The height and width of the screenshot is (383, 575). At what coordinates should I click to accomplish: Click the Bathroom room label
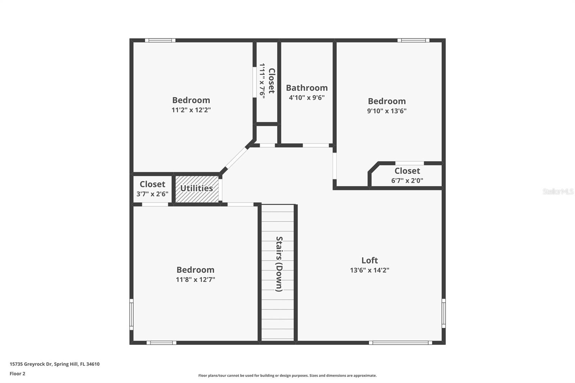click(x=307, y=88)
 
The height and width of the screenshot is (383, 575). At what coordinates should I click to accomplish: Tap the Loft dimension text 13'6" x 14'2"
click(x=369, y=270)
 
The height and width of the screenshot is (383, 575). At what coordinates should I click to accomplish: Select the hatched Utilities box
click(x=197, y=189)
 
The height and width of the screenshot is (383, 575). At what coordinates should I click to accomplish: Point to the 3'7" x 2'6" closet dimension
click(x=152, y=194)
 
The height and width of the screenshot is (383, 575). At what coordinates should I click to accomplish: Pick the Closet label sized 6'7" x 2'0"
click(x=407, y=171)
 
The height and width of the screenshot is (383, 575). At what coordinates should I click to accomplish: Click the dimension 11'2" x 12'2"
click(x=191, y=110)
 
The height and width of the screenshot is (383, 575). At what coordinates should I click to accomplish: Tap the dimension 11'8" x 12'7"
click(x=195, y=280)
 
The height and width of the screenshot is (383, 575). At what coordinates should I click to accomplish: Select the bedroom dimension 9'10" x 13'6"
click(x=386, y=111)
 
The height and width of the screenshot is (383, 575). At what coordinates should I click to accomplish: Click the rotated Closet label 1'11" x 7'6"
click(x=271, y=81)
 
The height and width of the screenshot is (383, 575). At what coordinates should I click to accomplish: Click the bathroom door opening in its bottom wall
click(x=316, y=146)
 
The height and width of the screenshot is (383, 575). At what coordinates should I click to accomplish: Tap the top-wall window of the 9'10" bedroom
click(x=413, y=40)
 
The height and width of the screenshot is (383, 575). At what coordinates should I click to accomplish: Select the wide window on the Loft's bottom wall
click(x=400, y=343)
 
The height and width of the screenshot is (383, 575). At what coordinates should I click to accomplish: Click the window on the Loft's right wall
click(x=443, y=313)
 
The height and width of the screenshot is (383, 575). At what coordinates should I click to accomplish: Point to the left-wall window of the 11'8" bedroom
click(x=132, y=314)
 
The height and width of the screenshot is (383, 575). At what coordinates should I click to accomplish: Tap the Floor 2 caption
click(x=17, y=374)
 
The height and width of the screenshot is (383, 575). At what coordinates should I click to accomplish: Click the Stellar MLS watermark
click(x=558, y=191)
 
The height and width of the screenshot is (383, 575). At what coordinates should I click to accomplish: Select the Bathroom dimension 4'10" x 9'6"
click(x=307, y=98)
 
